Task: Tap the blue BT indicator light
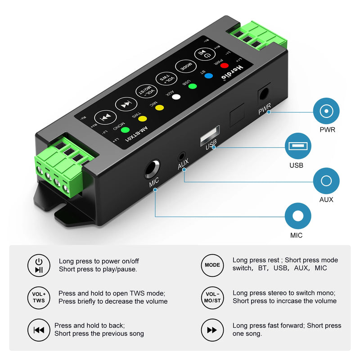pos(208,76)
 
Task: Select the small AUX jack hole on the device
pos(182,157)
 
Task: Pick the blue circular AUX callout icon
pos(326,181)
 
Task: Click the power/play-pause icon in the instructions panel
pos(39,265)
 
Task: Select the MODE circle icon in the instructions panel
pos(212,265)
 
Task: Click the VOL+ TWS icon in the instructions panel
pos(39,297)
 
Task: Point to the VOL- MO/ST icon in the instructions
pos(212,297)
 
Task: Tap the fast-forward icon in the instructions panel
pos(212,330)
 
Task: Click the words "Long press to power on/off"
pos(99,261)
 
